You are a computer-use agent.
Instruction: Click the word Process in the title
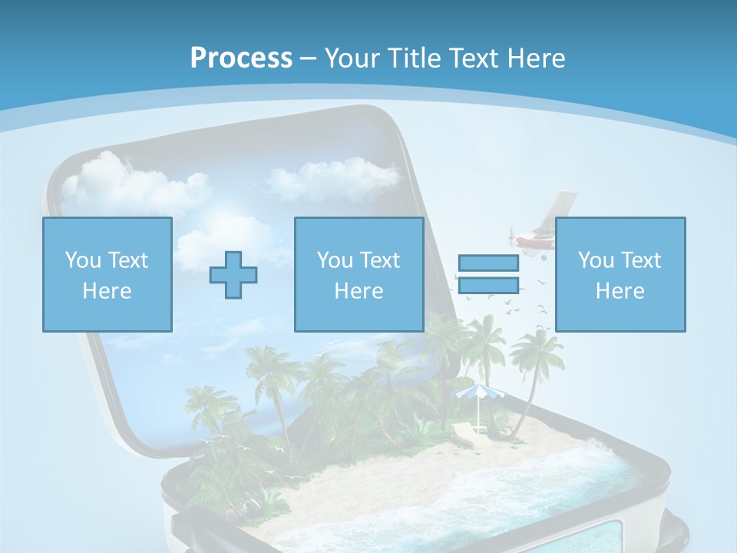click(x=241, y=58)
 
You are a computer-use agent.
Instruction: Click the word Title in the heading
click(x=410, y=58)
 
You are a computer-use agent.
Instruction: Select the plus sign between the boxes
click(x=233, y=274)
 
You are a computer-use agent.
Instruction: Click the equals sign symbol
click(x=488, y=274)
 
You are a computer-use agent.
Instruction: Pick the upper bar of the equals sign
click(x=488, y=263)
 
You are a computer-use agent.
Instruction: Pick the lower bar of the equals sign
click(x=488, y=285)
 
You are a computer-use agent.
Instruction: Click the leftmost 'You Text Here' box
click(x=107, y=274)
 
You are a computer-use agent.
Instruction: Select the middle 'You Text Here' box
click(x=359, y=274)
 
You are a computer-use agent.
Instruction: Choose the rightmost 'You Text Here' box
click(x=620, y=274)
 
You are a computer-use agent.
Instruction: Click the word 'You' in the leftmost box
click(x=83, y=260)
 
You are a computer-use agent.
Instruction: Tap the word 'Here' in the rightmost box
click(x=620, y=291)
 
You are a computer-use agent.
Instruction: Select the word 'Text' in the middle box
click(x=380, y=260)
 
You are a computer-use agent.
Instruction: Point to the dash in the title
click(x=309, y=58)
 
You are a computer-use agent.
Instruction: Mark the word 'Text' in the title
click(x=471, y=58)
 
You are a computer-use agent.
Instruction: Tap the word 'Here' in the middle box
click(x=359, y=291)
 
